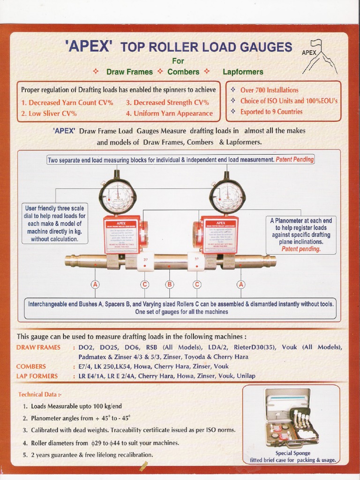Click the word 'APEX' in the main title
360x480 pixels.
point(89,46)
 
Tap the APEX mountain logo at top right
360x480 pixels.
point(319,57)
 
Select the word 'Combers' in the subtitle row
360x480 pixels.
point(183,72)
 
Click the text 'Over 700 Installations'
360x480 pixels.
point(269,90)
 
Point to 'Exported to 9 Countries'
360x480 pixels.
point(271,112)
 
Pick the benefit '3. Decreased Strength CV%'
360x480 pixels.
point(167,102)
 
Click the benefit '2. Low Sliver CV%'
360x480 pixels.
point(49,113)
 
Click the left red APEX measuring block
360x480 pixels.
point(121,234)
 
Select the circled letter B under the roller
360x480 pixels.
point(170,284)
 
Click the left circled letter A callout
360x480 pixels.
point(96,284)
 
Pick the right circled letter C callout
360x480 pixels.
point(197,284)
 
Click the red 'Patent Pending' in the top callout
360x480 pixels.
point(294,160)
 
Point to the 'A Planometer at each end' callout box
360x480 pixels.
point(301,234)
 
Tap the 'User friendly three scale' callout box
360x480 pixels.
point(55,224)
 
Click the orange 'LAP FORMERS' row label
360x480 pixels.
point(37,376)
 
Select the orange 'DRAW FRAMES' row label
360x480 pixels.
point(38,347)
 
